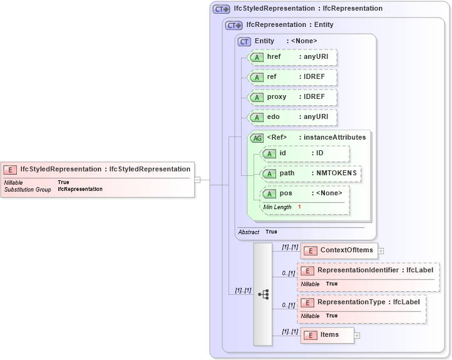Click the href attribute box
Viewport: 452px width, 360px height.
pyautogui.click(x=292, y=57)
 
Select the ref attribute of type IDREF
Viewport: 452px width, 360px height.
pyautogui.click(x=292, y=77)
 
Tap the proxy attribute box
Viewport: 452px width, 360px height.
pyautogui.click(x=292, y=97)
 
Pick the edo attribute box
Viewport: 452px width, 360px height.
pyautogui.click(x=292, y=117)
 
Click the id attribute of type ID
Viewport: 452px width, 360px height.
pyautogui.click(x=305, y=153)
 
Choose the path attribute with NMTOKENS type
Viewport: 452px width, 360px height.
pyautogui.click(x=311, y=173)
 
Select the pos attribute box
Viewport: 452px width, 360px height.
pyautogui.click(x=305, y=193)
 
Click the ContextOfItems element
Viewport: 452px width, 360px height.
pyautogui.click(x=339, y=250)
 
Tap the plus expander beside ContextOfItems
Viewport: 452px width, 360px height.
pyautogui.click(x=381, y=251)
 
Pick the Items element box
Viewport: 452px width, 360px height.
pyautogui.click(x=327, y=335)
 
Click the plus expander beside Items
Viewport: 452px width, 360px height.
pyautogui.click(x=357, y=336)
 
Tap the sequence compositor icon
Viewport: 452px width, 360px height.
pyautogui.click(x=263, y=294)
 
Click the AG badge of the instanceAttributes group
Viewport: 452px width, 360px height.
pyautogui.click(x=257, y=138)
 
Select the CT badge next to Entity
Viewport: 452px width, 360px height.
pyautogui.click(x=244, y=41)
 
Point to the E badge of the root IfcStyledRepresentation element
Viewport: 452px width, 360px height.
pyautogui.click(x=11, y=170)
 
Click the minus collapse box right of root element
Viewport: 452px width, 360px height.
pyautogui.click(x=197, y=180)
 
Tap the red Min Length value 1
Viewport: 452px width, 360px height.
pyautogui.click(x=299, y=207)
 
